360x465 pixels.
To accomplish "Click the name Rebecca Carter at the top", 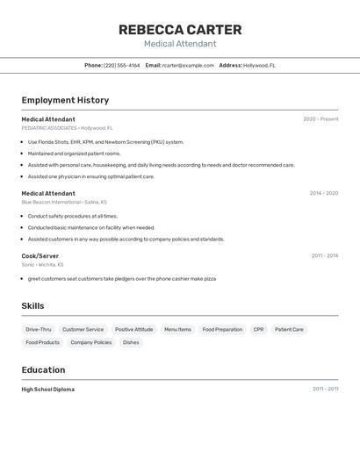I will click(x=180, y=30).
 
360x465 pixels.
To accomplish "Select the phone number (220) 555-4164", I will click(x=122, y=65).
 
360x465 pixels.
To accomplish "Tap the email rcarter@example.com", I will click(x=188, y=65).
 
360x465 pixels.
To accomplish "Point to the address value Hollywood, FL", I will click(x=259, y=65).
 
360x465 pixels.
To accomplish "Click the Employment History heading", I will click(x=65, y=100).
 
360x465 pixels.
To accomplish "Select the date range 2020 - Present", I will click(x=320, y=119).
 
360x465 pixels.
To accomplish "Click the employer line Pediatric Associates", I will click(x=67, y=128).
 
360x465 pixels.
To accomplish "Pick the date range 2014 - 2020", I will click(x=323, y=193).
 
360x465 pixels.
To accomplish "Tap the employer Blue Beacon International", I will click(x=63, y=202).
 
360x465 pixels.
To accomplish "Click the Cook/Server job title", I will click(x=40, y=255).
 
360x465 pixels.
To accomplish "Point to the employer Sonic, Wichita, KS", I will click(x=42, y=264).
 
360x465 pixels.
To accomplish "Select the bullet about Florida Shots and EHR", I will click(x=105, y=141).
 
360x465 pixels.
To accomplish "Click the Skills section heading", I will click(x=32, y=306).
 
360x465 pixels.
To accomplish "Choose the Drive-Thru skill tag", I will click(x=39, y=329).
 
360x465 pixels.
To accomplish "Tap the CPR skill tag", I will click(x=258, y=329).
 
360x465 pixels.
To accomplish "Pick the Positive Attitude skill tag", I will click(x=133, y=329).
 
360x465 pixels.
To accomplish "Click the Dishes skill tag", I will click(x=131, y=342).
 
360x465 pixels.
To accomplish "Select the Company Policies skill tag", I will click(x=91, y=342).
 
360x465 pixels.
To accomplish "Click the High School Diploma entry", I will click(x=48, y=389).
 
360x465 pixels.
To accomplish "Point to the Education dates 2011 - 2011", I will click(x=325, y=389).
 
